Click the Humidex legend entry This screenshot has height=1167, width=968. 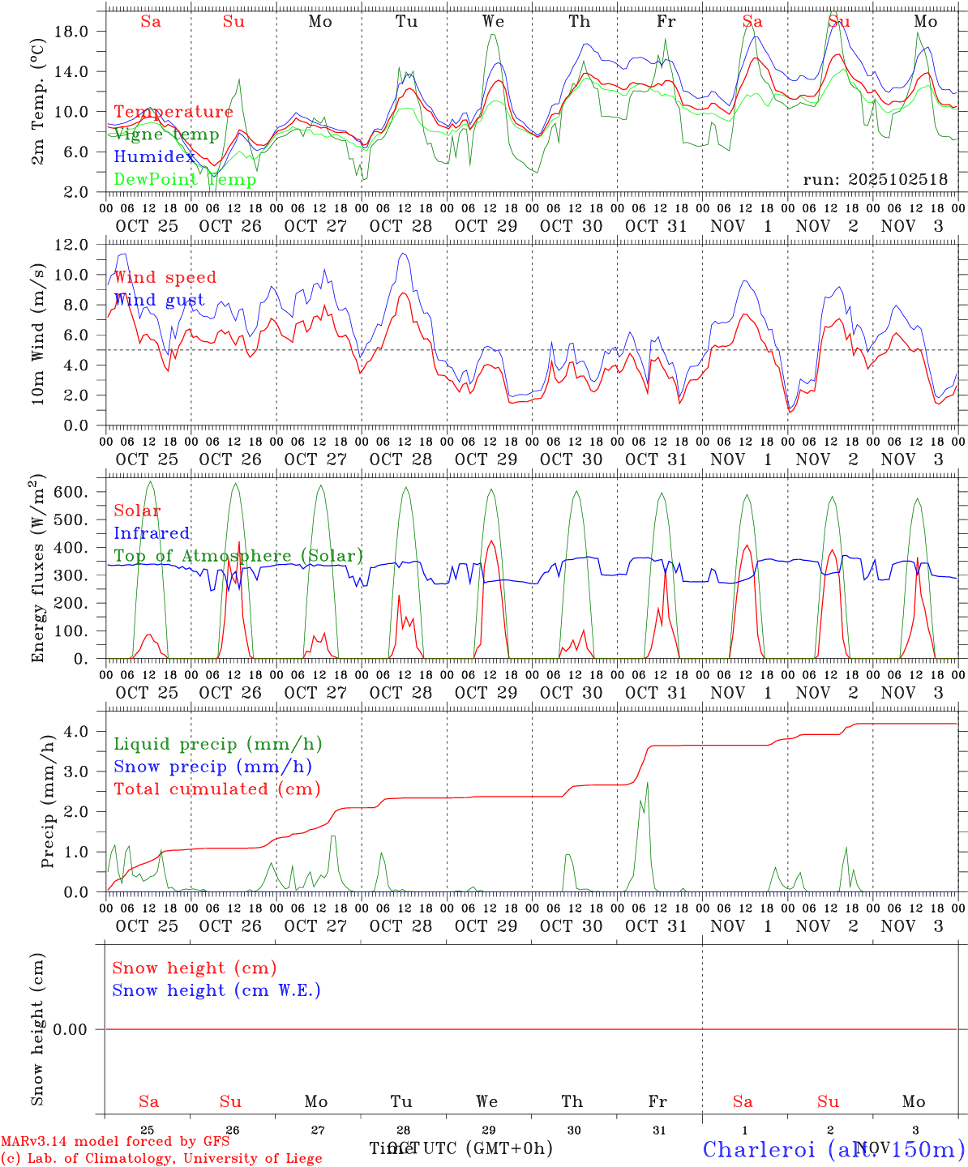click(154, 157)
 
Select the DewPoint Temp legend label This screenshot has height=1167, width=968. click(185, 180)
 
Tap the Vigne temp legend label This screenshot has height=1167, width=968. click(166, 135)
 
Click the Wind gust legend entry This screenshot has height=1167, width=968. click(159, 300)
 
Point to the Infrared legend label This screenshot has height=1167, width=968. click(152, 533)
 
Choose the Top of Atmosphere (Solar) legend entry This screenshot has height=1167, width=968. click(238, 556)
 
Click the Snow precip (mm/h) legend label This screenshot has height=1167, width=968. click(212, 767)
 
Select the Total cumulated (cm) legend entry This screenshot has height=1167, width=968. click(216, 789)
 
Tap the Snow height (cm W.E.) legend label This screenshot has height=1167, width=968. click(216, 990)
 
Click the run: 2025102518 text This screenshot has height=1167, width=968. click(875, 180)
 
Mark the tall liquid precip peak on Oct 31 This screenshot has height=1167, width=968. click(647, 783)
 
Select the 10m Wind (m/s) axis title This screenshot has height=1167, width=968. click(37, 332)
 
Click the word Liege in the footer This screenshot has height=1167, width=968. click(300, 1159)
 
